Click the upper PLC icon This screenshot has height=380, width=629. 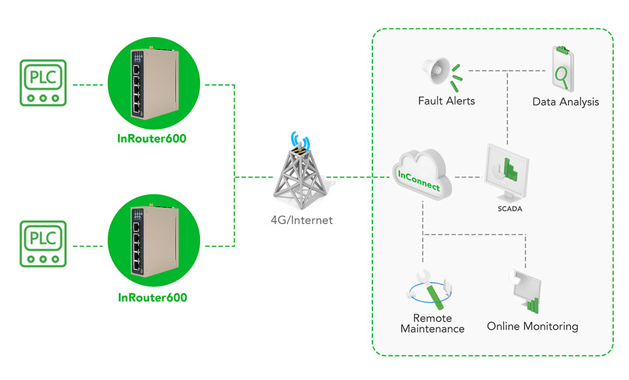43,82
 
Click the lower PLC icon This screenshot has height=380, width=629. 43,244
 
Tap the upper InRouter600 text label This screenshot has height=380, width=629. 152,138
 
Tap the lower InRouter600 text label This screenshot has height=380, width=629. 152,298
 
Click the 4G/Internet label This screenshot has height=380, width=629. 302,220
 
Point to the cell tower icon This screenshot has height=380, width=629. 301,177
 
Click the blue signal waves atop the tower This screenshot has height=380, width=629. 301,139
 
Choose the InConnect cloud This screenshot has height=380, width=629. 422,175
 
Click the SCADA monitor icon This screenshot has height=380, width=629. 506,172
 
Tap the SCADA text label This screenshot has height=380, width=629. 510,209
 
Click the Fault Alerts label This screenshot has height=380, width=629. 447,101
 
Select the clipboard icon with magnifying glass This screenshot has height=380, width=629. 563,69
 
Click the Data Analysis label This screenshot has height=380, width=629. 565,102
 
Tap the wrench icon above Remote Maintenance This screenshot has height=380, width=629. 429,289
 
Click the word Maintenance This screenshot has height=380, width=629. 433,329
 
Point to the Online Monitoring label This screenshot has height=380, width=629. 533,327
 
